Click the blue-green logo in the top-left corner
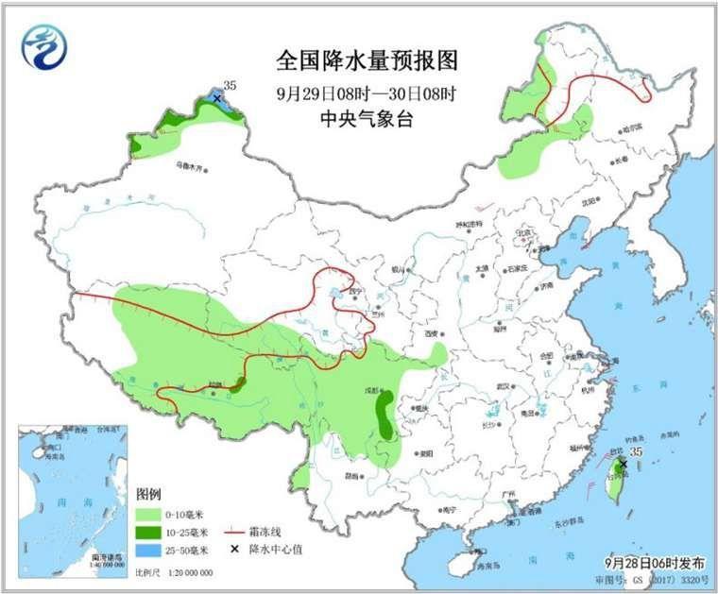coord(44,46)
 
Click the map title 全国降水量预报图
coord(368,61)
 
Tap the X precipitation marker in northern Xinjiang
coord(216,98)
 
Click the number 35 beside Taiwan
coord(636,453)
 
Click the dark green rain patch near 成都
coord(385,416)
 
